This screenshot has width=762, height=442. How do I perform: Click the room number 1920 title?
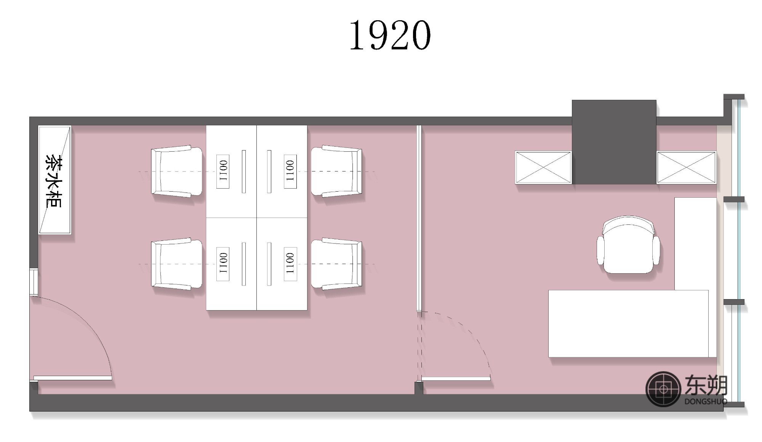(x=390, y=35)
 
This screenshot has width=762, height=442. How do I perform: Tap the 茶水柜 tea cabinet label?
(x=54, y=180)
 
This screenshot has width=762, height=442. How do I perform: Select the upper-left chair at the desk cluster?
(x=176, y=171)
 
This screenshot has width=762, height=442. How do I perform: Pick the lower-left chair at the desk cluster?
(x=176, y=264)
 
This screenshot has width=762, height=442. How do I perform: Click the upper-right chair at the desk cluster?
(x=336, y=171)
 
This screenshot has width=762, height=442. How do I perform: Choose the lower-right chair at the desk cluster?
(x=336, y=264)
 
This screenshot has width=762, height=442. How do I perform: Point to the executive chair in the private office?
(x=628, y=245)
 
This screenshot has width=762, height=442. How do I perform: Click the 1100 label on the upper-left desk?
(x=223, y=171)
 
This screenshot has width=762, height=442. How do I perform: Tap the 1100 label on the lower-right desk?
(x=290, y=264)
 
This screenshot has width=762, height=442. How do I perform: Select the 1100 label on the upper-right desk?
(x=290, y=171)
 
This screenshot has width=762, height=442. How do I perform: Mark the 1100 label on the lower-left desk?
(x=223, y=264)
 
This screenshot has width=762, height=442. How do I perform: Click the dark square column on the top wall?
(x=614, y=142)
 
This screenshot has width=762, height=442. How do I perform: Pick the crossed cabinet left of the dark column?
(x=543, y=167)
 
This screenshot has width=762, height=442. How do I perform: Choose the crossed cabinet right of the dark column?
(x=686, y=167)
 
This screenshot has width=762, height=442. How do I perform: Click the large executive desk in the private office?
(x=628, y=323)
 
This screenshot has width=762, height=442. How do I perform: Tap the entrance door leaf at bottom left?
(x=72, y=378)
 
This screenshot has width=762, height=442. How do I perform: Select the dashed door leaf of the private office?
(x=455, y=378)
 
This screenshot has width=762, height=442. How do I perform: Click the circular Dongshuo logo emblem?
(x=663, y=389)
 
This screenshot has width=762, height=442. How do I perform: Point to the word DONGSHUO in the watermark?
(x=706, y=401)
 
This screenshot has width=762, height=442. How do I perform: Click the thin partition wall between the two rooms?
(x=419, y=218)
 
